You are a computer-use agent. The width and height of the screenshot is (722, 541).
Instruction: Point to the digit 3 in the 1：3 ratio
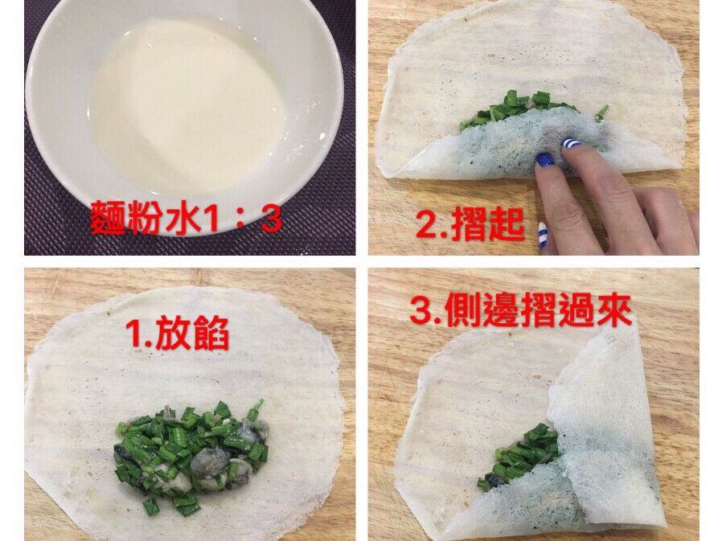(x=270, y=219)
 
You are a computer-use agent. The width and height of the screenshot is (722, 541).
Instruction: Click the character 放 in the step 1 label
(x=173, y=334)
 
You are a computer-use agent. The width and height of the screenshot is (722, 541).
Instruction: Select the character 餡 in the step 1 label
(x=211, y=334)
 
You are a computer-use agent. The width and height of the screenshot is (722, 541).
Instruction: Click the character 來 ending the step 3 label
(x=613, y=311)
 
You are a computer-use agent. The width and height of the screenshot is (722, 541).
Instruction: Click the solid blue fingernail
(x=545, y=160)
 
